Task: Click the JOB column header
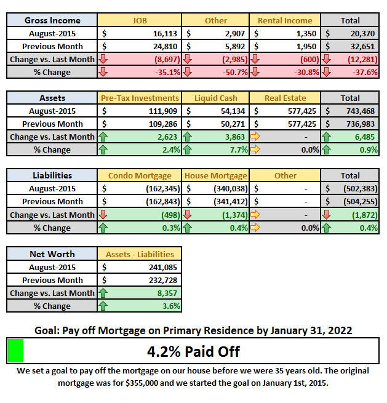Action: tap(140, 20)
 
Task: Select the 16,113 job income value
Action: tap(165, 33)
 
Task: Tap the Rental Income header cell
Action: tap(285, 20)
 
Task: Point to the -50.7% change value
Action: tap(235, 72)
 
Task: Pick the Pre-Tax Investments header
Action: tap(140, 98)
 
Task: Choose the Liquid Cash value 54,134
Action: tap(233, 111)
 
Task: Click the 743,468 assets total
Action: tap(361, 111)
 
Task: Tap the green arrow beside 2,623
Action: tap(103, 137)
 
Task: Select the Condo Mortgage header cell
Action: tap(140, 175)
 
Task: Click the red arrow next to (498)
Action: tap(103, 215)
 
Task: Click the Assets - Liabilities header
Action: tap(140, 254)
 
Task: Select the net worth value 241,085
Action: tap(163, 267)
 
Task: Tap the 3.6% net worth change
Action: tap(171, 306)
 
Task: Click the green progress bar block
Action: tap(15, 351)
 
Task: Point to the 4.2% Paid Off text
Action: tap(193, 351)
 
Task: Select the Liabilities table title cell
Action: tap(52, 175)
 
